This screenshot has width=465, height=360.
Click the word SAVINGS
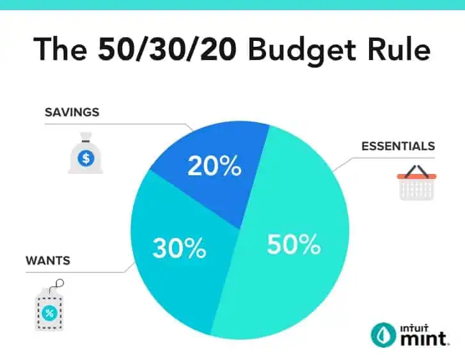[72, 113]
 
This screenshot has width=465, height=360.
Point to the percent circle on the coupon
[49, 313]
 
